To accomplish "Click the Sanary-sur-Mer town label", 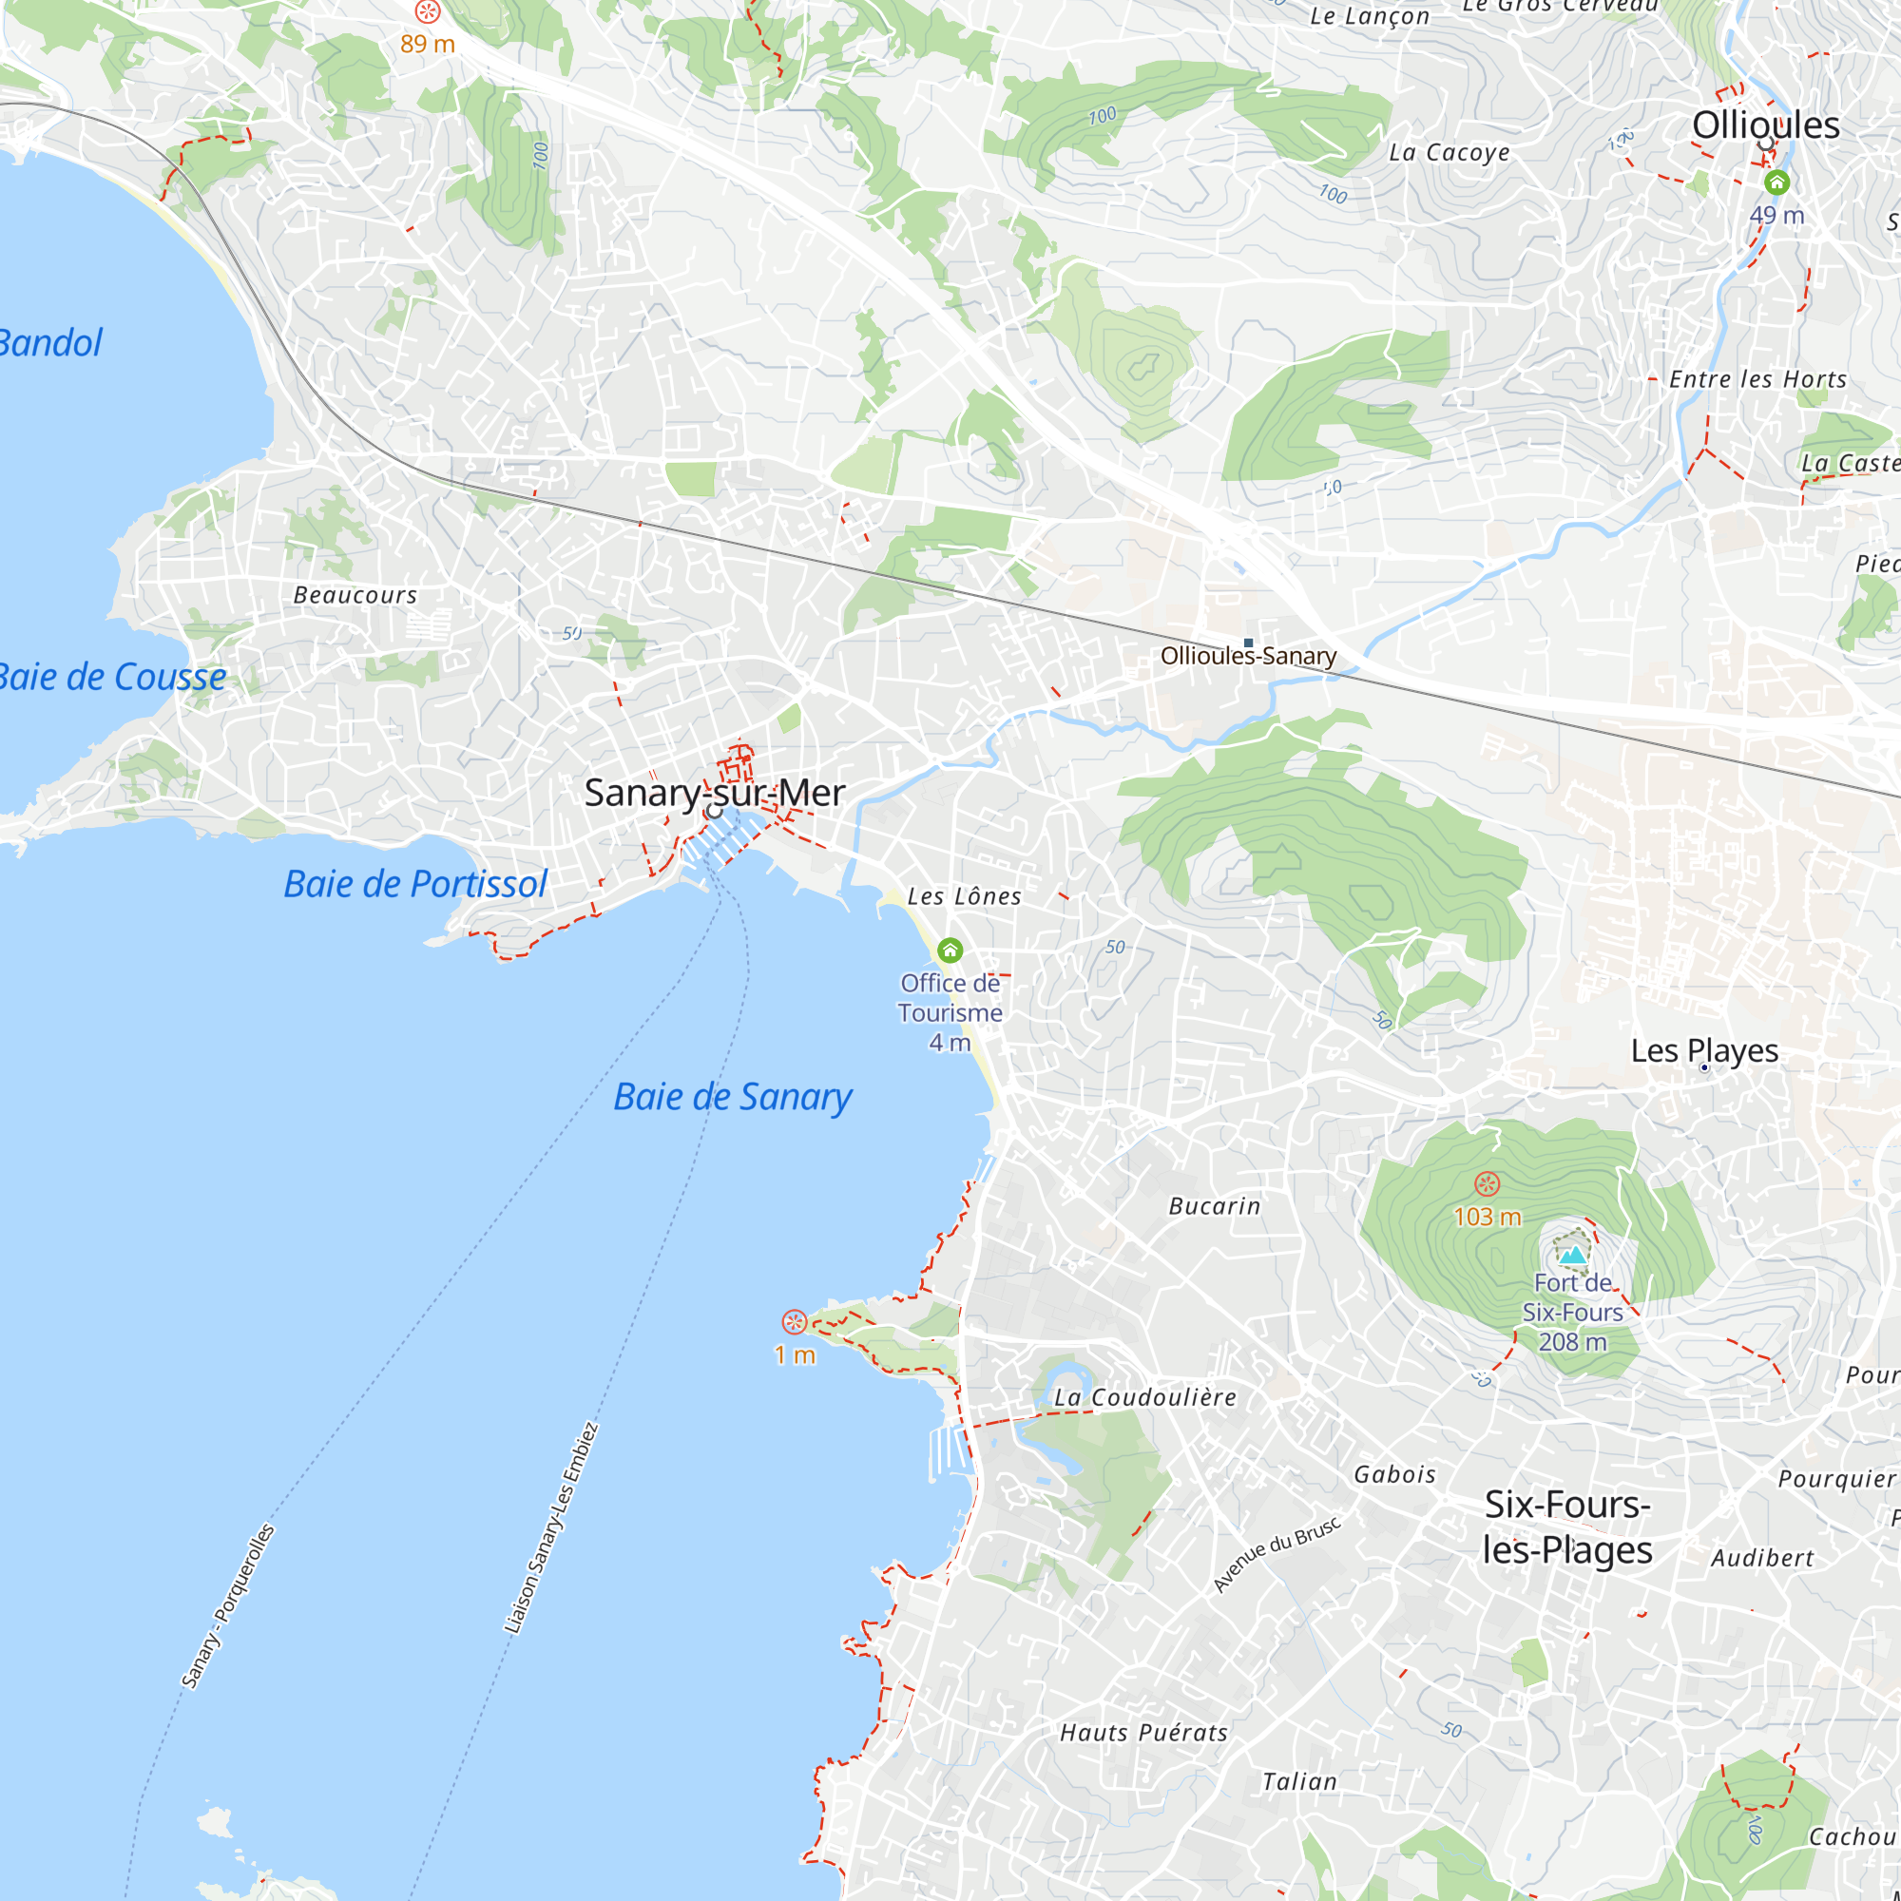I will [715, 793].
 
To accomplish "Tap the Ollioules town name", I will [1765, 125].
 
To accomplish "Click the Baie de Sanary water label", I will [732, 1096].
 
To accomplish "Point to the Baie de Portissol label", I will [415, 884].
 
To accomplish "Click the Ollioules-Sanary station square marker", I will [1249, 643].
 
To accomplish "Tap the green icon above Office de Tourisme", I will [950, 950].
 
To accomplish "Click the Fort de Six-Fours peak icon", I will [1572, 1255].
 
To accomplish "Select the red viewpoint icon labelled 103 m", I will [1487, 1183].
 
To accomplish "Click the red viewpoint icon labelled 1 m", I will [794, 1321].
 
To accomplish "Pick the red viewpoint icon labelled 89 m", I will [427, 11].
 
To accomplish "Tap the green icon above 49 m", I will [1776, 182].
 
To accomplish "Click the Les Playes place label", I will [1704, 1051].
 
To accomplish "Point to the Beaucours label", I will [355, 595].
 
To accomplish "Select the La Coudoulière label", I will [1145, 1397].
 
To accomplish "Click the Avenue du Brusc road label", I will [1277, 1554].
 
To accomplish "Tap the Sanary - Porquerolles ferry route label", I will [227, 1606].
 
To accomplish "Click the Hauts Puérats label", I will [1143, 1733].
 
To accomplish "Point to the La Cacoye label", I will [1449, 152].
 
